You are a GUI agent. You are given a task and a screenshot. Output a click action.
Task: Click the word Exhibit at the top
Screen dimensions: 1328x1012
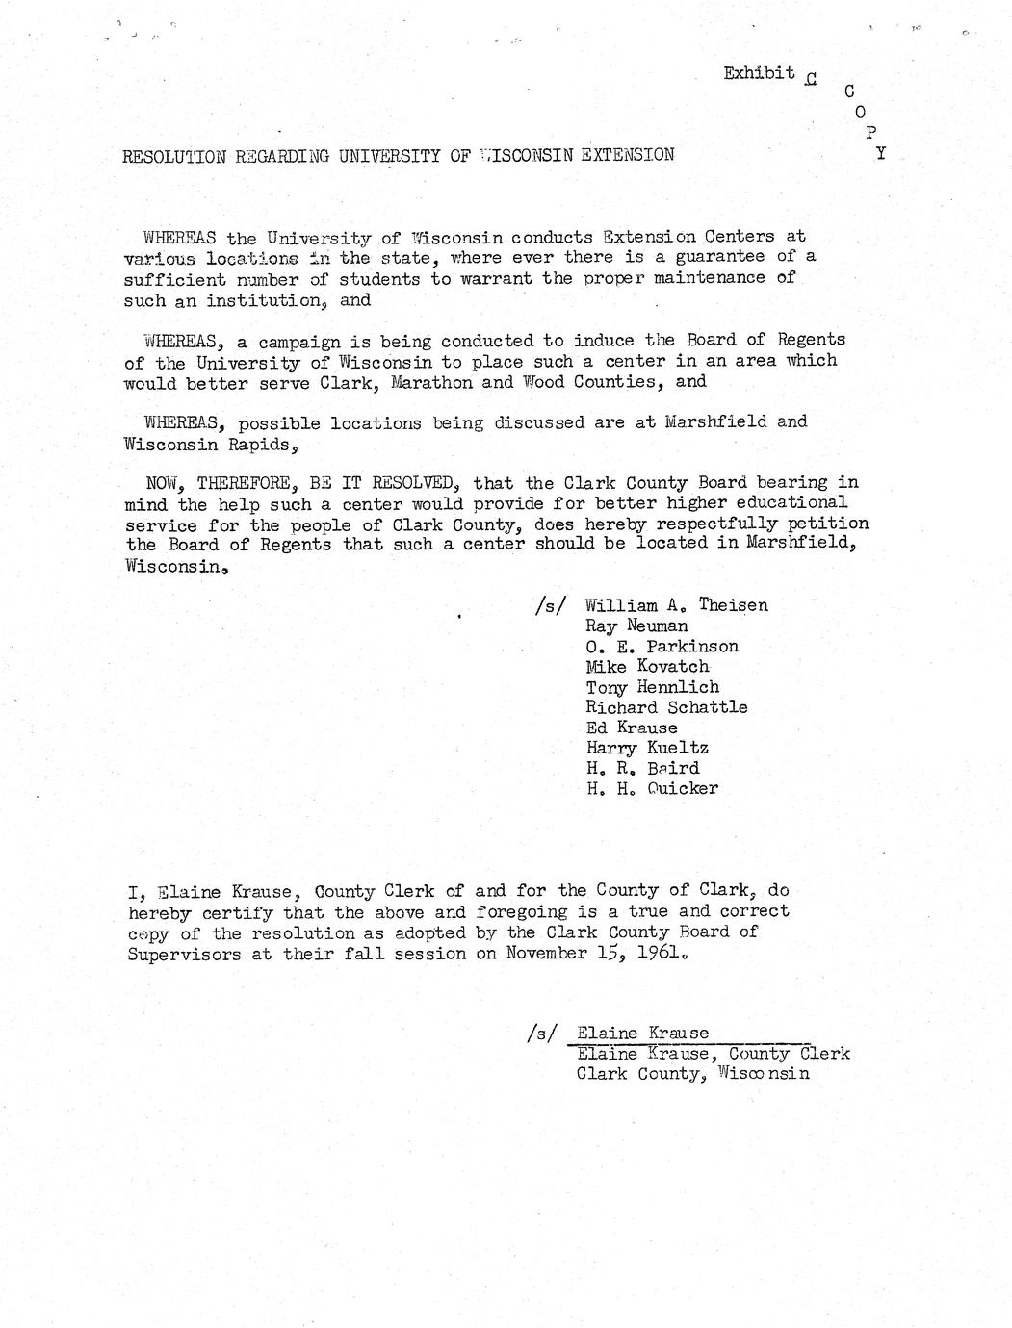point(759,73)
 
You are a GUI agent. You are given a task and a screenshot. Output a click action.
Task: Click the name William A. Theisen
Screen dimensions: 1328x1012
point(676,605)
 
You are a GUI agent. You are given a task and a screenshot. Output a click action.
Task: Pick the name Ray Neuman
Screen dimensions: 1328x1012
point(636,626)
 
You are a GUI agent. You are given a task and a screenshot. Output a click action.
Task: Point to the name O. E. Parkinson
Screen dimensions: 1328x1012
point(662,646)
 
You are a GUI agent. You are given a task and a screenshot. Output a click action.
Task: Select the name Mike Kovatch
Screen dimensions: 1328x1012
point(647,666)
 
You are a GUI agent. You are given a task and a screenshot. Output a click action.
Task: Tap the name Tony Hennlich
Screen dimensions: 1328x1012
point(652,687)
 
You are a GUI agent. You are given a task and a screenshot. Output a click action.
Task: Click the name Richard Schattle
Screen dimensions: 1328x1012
point(666,707)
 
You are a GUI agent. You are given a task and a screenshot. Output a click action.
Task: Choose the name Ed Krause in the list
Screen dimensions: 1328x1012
point(631,728)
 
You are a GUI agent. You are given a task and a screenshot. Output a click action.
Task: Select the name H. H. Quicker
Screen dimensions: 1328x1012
point(652,788)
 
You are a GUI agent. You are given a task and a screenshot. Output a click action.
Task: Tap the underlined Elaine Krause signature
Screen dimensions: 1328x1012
point(642,1033)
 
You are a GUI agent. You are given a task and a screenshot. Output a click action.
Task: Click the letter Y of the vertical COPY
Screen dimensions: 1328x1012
point(880,153)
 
